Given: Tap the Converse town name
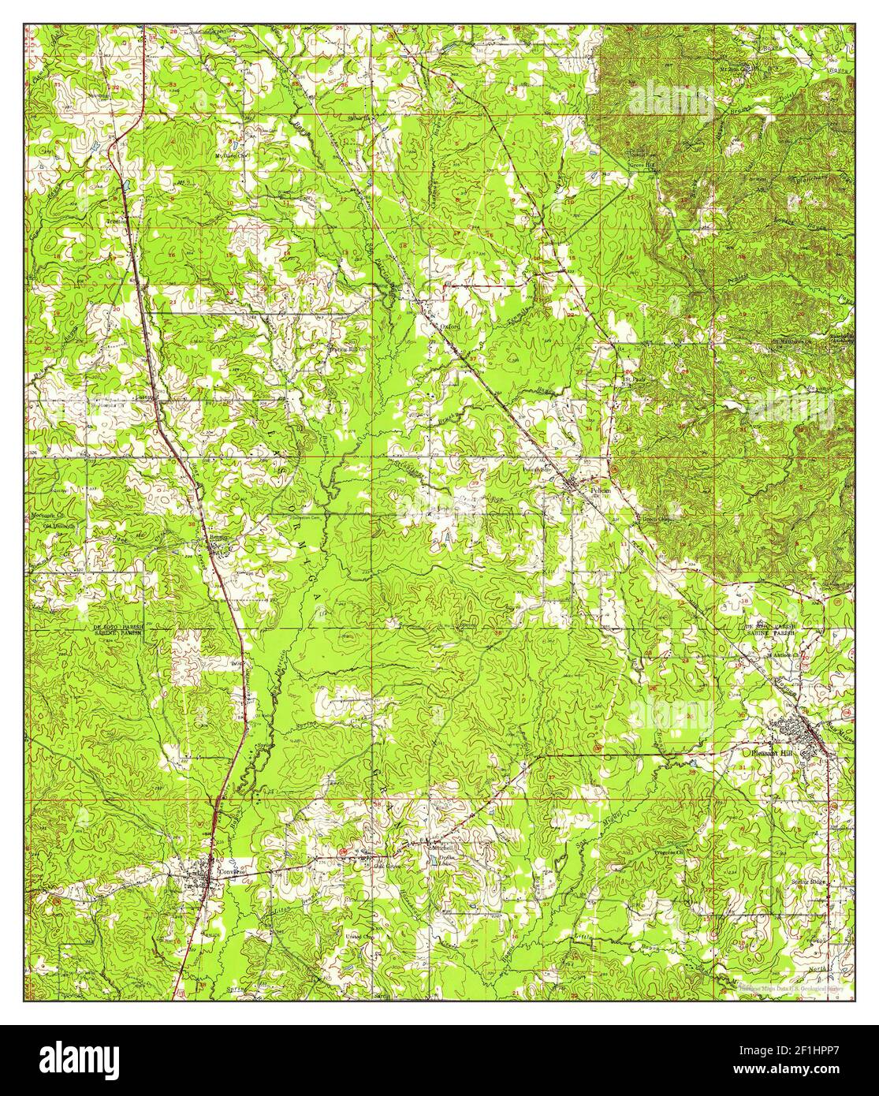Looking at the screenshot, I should tap(229, 871).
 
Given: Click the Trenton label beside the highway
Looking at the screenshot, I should tap(117, 222).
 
